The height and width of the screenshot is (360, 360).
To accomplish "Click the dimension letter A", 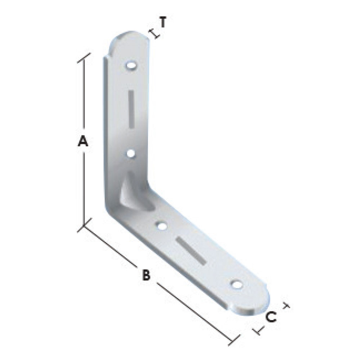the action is [x=83, y=141].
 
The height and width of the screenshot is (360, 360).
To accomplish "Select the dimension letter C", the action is [x=271, y=317].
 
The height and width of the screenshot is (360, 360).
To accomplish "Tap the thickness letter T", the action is [x=163, y=22].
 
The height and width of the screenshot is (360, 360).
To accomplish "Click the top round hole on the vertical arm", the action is [x=131, y=66].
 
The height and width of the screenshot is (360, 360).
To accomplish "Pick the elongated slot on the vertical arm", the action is [x=131, y=109].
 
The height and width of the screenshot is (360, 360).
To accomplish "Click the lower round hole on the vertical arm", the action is [x=131, y=153].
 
